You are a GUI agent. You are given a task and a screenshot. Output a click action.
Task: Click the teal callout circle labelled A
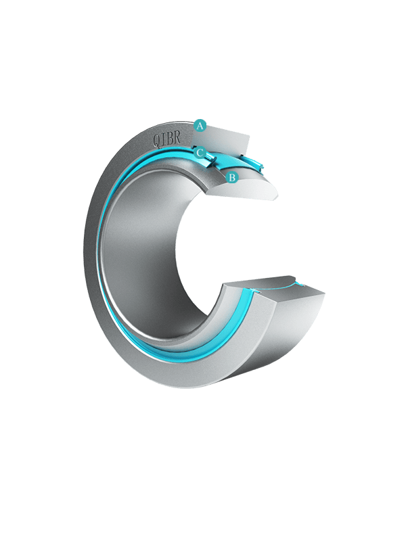click(x=200, y=126)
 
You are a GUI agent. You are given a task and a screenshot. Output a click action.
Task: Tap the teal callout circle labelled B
click(x=232, y=178)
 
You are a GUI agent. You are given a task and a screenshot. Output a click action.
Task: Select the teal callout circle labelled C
click(x=200, y=153)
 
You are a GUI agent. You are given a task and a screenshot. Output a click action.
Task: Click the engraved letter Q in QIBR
click(x=156, y=140)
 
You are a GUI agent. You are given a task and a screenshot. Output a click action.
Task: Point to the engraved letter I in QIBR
click(x=163, y=139)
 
